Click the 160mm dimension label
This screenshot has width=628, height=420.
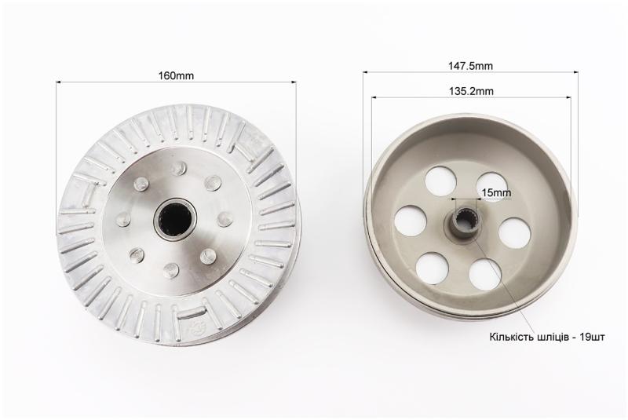176,75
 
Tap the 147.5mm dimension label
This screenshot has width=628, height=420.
470,66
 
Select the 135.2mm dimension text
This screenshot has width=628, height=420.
470,91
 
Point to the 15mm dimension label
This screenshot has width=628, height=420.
496,193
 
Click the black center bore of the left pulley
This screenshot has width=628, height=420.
175,218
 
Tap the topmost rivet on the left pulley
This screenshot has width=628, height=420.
179,168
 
